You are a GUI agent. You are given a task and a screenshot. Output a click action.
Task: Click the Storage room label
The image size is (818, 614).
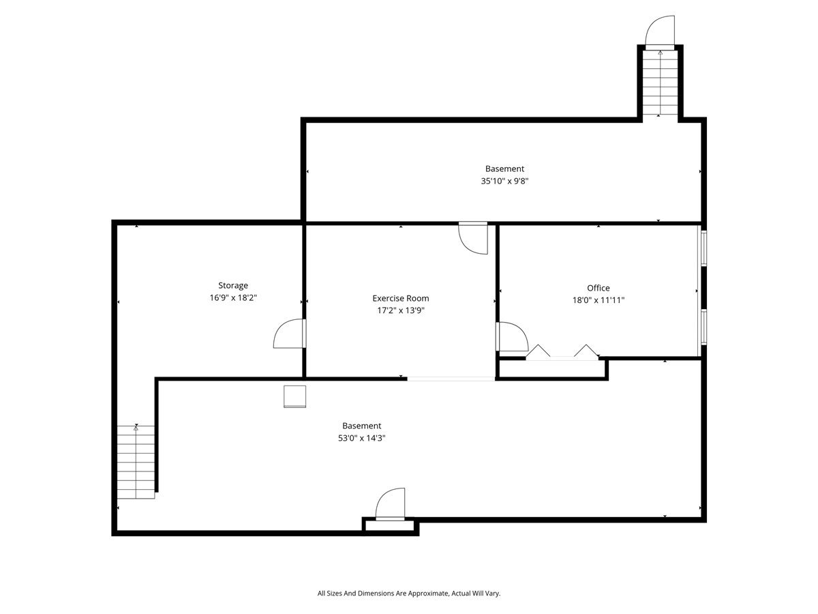[233, 285]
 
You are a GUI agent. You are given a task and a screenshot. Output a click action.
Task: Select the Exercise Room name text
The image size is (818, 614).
[401, 298]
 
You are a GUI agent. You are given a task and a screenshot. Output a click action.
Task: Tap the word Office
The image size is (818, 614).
[599, 288]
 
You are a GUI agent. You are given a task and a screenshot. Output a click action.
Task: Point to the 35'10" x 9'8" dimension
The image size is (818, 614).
[505, 181]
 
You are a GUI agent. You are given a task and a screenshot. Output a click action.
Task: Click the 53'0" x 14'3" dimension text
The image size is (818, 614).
[361, 439]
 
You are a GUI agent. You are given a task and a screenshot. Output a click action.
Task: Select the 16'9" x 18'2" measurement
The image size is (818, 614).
[233, 298]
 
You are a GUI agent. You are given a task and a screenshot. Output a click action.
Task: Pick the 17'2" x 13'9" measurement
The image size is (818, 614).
[401, 310]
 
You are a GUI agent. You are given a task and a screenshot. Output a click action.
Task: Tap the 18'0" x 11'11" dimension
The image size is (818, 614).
[599, 300]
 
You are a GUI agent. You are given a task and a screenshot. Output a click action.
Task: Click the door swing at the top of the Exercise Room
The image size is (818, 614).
[474, 238]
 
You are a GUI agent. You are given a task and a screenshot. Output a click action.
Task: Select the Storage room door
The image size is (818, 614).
[289, 334]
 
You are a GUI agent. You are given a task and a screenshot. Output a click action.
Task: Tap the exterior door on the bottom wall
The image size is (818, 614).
[391, 505]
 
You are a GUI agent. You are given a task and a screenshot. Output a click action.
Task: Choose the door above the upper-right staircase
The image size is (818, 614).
[660, 31]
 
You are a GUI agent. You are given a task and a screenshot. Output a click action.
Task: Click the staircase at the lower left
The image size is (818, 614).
[136, 462]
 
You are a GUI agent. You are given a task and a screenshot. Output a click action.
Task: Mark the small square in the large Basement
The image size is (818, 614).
[295, 396]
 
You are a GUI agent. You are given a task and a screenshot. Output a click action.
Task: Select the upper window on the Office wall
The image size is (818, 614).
[703, 248]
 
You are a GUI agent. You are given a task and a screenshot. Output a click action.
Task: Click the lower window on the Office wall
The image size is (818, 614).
[703, 327]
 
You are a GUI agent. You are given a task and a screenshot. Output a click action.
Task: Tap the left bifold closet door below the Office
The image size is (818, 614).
[539, 351]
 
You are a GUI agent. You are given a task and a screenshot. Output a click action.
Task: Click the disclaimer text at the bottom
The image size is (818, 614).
[409, 594]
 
